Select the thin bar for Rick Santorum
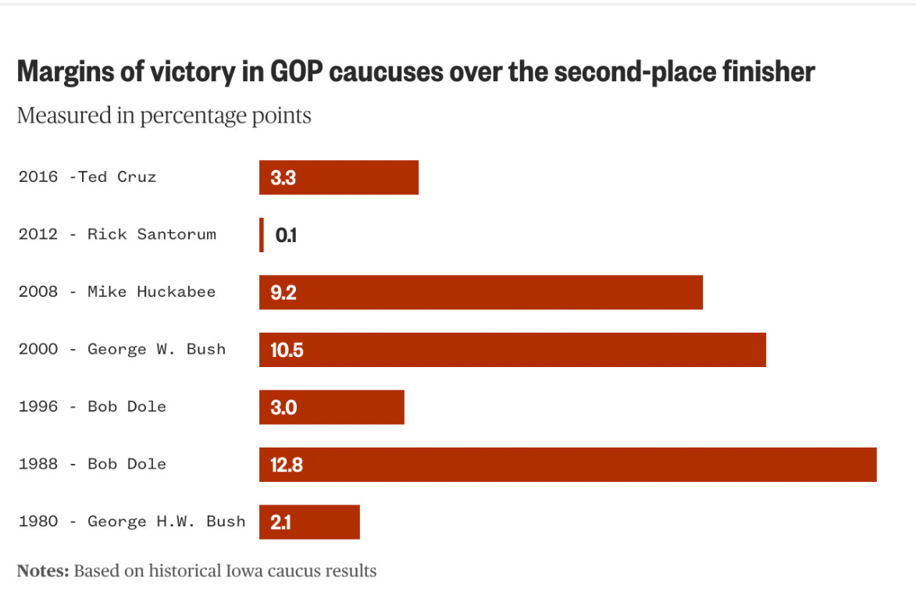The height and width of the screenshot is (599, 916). point(262,235)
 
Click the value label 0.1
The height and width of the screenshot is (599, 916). point(286,235)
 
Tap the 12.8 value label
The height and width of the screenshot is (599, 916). point(287,465)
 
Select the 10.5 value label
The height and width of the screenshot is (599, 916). point(287,350)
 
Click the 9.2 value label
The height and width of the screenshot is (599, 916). point(283,293)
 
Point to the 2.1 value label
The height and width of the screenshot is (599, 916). point(280,522)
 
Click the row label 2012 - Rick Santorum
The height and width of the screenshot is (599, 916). point(117,234)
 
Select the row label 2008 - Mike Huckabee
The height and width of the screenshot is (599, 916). point(117,292)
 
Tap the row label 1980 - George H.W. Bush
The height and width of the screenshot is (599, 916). point(132,521)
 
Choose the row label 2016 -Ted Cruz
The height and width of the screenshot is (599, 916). point(87,176)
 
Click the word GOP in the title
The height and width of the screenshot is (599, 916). point(298,72)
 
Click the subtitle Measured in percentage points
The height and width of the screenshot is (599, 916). point(164,116)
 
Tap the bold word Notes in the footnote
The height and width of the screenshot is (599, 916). point(42,571)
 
